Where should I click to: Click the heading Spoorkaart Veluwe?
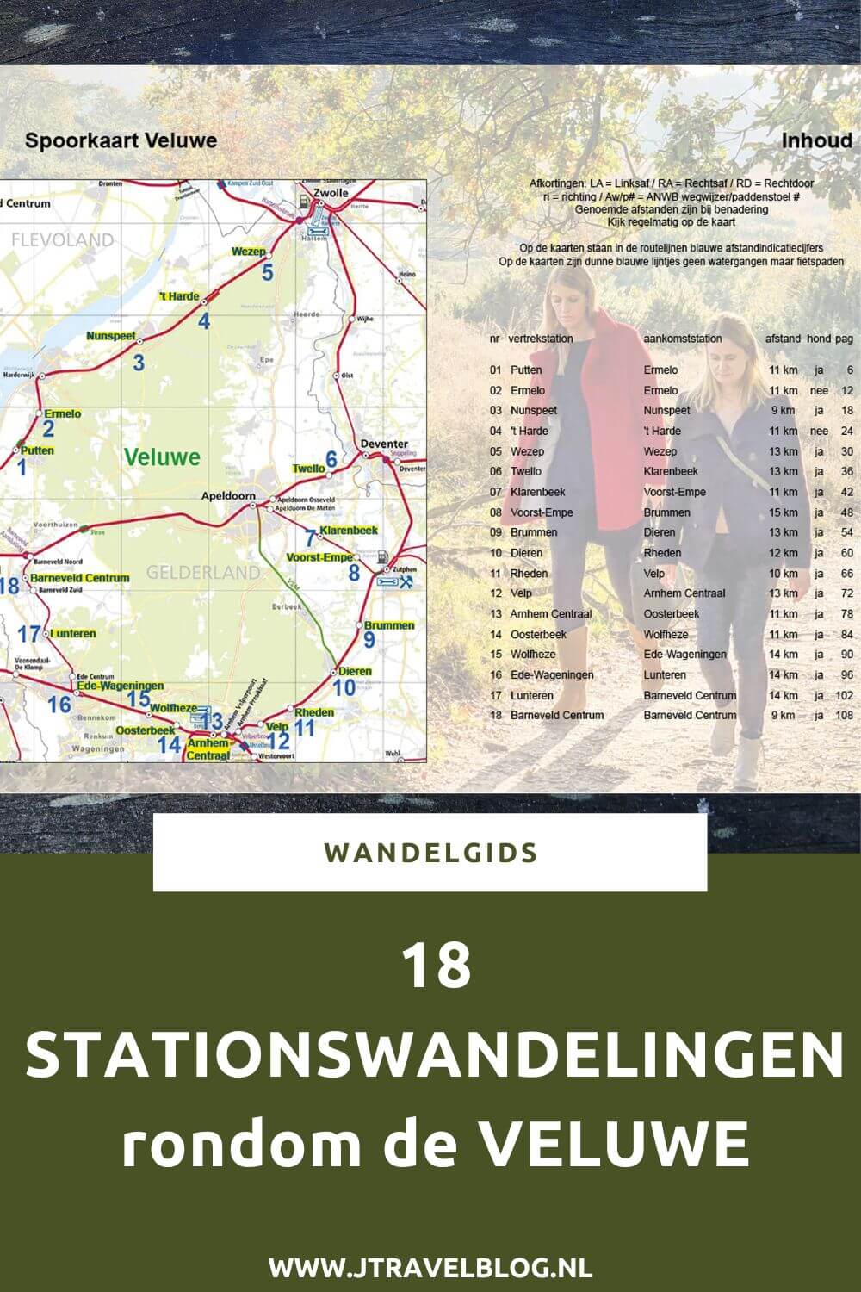[121, 140]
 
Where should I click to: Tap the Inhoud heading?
[816, 140]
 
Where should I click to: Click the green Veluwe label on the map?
[162, 457]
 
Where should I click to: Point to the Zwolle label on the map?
[331, 193]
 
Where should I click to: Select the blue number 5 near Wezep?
[268, 274]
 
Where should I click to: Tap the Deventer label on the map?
[384, 444]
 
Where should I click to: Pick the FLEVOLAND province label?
[62, 239]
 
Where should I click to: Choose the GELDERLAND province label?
[202, 572]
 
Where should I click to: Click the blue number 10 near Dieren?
[344, 687]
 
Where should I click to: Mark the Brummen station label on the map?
[388, 625]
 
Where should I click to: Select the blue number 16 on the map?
[59, 705]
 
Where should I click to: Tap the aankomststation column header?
[683, 339]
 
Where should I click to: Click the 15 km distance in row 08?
[783, 512]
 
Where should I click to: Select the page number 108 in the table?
[844, 716]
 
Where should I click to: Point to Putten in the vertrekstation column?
[526, 370]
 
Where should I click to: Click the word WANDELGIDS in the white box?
[430, 853]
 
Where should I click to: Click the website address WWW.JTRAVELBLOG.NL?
[430, 1268]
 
